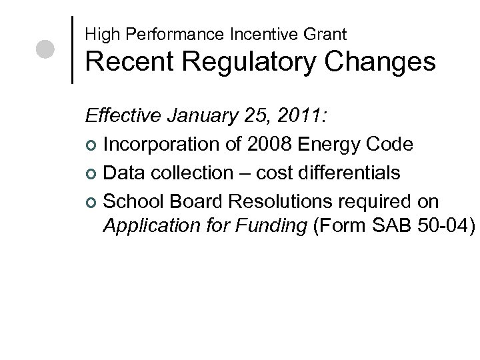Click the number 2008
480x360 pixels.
click(x=270, y=144)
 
